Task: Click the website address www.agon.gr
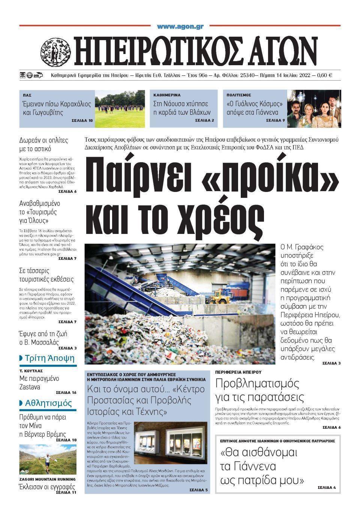click(180, 27)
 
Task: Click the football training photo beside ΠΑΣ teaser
click(120, 109)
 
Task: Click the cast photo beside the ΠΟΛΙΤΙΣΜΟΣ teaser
click(314, 109)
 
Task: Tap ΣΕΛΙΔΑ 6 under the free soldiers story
click(67, 192)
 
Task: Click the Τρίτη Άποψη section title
click(49, 358)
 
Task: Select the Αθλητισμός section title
click(48, 403)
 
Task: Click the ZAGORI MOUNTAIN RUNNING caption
click(47, 479)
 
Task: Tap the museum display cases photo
click(171, 443)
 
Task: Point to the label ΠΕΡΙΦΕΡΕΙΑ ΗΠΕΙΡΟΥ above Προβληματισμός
click(238, 372)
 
